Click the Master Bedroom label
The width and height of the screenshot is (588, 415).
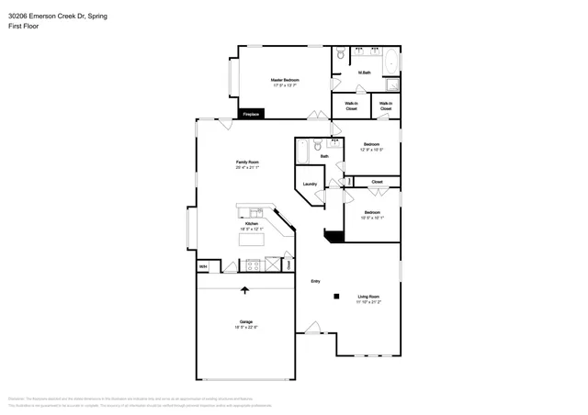pyautogui.click(x=284, y=82)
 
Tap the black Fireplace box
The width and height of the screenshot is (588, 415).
pyautogui.click(x=252, y=114)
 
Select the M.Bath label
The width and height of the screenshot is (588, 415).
pyautogui.click(x=365, y=73)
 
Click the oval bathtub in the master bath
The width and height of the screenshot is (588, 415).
pyautogui.click(x=390, y=62)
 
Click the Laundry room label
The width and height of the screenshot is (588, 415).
pyautogui.click(x=310, y=185)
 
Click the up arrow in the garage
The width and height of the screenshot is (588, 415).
pyautogui.click(x=245, y=291)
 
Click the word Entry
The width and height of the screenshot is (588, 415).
pyautogui.click(x=315, y=281)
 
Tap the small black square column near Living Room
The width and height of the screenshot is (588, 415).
pyautogui.click(x=336, y=296)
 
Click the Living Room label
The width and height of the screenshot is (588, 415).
pyautogui.click(x=369, y=297)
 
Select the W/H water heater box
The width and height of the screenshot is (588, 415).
pyautogui.click(x=203, y=266)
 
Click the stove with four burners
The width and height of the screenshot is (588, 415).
pyautogui.click(x=252, y=266)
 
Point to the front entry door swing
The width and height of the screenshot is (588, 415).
pyautogui.click(x=314, y=326)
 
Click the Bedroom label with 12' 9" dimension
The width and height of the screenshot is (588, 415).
pyautogui.click(x=372, y=146)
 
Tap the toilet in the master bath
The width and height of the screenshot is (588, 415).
pyautogui.click(x=341, y=54)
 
